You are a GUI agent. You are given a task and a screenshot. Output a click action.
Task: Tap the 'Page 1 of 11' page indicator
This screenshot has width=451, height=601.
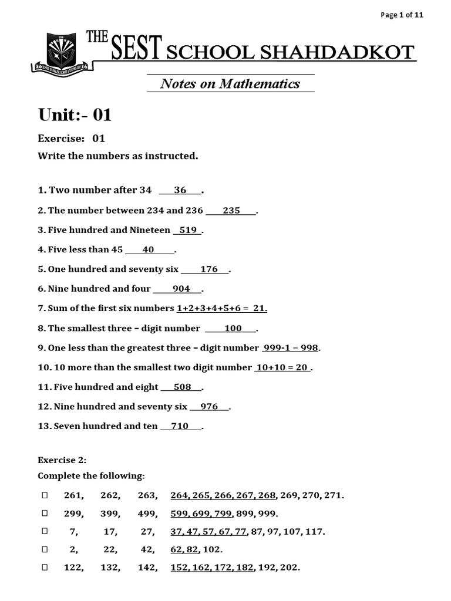click(x=402, y=15)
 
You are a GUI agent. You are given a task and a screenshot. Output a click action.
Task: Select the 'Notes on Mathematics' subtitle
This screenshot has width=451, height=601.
click(x=230, y=84)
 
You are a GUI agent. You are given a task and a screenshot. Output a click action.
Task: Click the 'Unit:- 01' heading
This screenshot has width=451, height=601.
click(x=75, y=115)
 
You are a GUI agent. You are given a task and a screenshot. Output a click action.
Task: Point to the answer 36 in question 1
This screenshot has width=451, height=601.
click(x=180, y=190)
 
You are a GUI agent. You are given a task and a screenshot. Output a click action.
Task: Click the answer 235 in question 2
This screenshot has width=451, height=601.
click(x=231, y=211)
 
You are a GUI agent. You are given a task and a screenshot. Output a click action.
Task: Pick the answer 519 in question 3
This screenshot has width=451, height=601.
click(x=188, y=230)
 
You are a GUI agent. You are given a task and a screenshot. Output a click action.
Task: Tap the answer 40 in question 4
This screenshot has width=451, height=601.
click(x=148, y=249)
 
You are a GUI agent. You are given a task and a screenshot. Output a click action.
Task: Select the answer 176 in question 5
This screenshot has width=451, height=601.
click(x=209, y=269)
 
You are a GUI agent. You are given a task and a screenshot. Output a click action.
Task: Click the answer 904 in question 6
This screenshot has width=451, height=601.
click(x=181, y=289)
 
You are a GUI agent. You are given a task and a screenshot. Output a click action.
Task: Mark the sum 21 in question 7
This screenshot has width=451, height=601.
click(x=260, y=308)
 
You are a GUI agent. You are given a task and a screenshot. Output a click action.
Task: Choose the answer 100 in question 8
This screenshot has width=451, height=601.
click(x=233, y=329)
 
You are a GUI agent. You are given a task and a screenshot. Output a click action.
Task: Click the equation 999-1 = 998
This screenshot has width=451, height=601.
click(x=291, y=348)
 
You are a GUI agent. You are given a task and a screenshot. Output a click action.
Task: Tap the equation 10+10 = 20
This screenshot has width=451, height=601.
click(x=282, y=367)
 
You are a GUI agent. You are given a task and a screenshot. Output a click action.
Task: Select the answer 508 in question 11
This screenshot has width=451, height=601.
click(x=183, y=387)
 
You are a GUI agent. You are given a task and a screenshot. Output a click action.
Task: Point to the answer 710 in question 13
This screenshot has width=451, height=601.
click(x=179, y=426)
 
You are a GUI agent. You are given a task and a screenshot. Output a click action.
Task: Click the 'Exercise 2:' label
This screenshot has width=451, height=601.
click(x=62, y=460)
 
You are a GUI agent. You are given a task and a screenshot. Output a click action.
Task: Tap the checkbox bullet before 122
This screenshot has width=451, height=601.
click(x=44, y=568)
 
